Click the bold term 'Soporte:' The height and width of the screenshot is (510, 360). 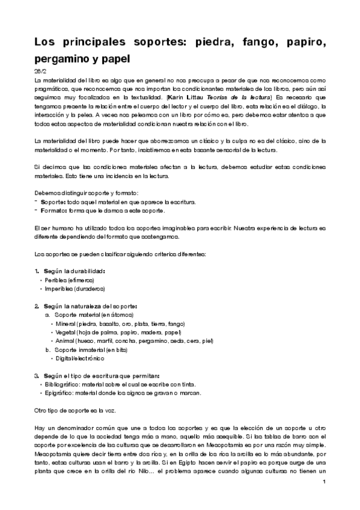click(52, 203)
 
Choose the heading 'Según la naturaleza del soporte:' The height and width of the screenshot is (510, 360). click(91, 306)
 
